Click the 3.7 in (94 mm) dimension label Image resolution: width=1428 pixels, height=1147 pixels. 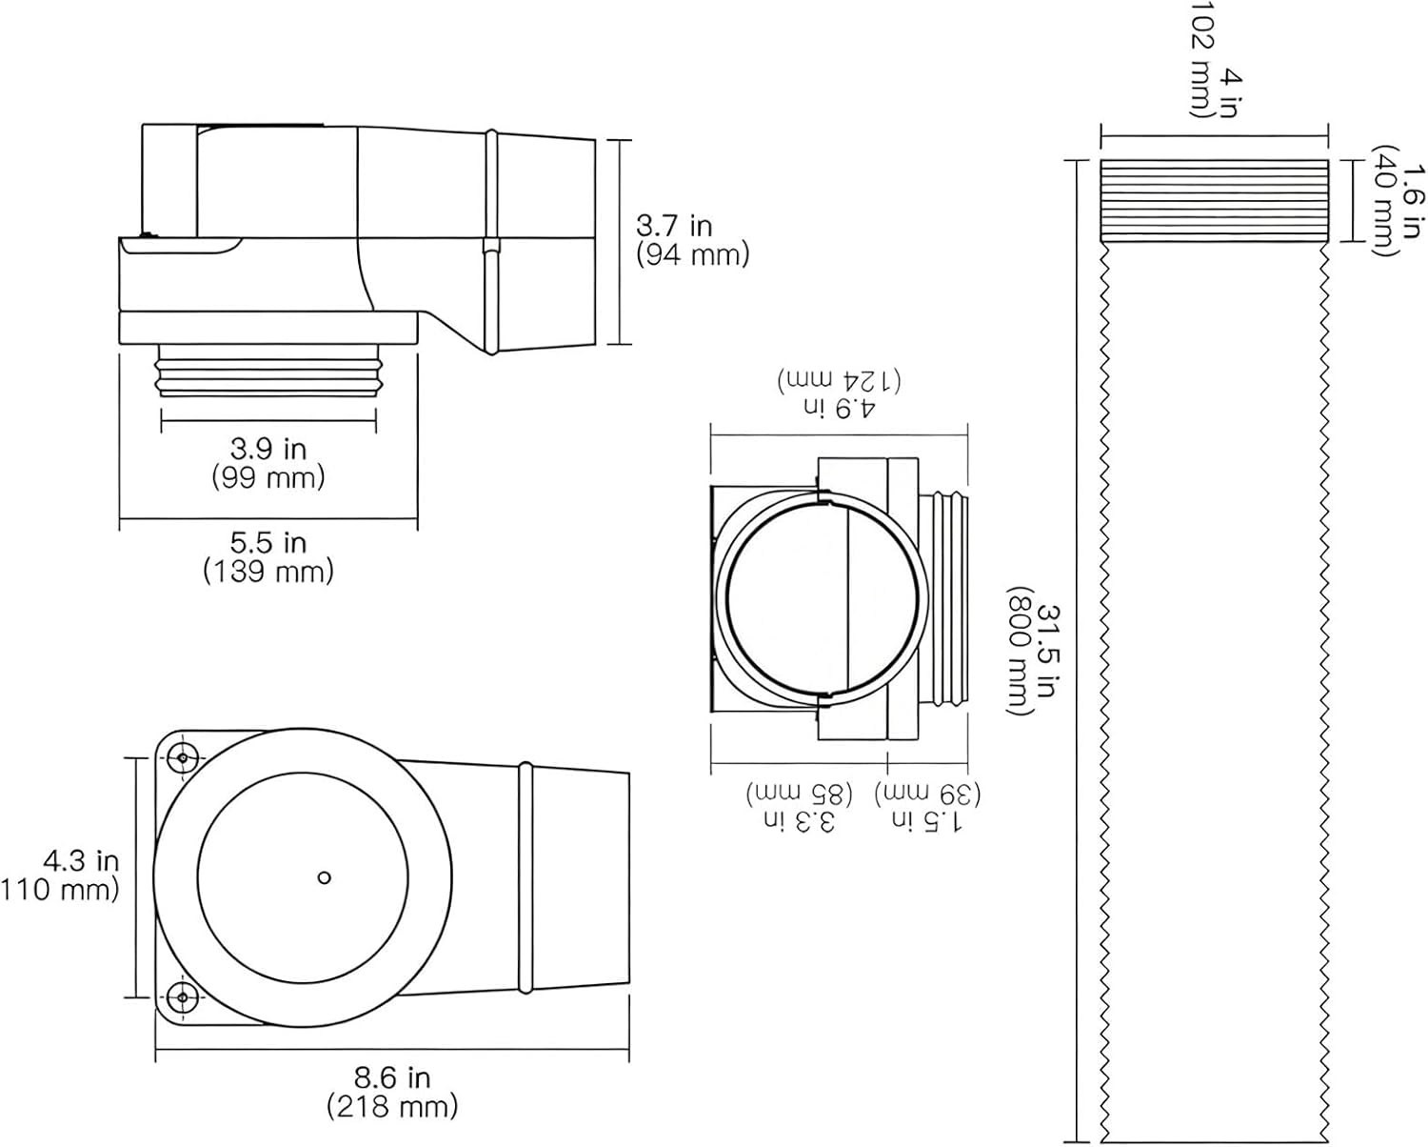(692, 240)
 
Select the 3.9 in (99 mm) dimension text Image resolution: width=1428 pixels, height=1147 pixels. (268, 462)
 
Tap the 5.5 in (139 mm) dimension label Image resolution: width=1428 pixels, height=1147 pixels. (268, 557)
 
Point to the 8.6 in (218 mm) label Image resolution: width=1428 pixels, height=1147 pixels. (392, 1092)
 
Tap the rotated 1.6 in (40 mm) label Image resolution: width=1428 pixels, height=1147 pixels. (1398, 200)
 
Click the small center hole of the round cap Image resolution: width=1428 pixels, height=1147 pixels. (324, 877)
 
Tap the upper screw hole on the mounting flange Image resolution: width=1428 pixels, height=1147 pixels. (181, 758)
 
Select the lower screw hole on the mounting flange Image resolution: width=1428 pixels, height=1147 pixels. (181, 996)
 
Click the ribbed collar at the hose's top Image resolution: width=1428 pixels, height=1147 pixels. (1214, 200)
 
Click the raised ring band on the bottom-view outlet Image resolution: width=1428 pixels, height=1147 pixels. (525, 876)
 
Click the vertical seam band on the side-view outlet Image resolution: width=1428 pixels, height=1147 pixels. (491, 243)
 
